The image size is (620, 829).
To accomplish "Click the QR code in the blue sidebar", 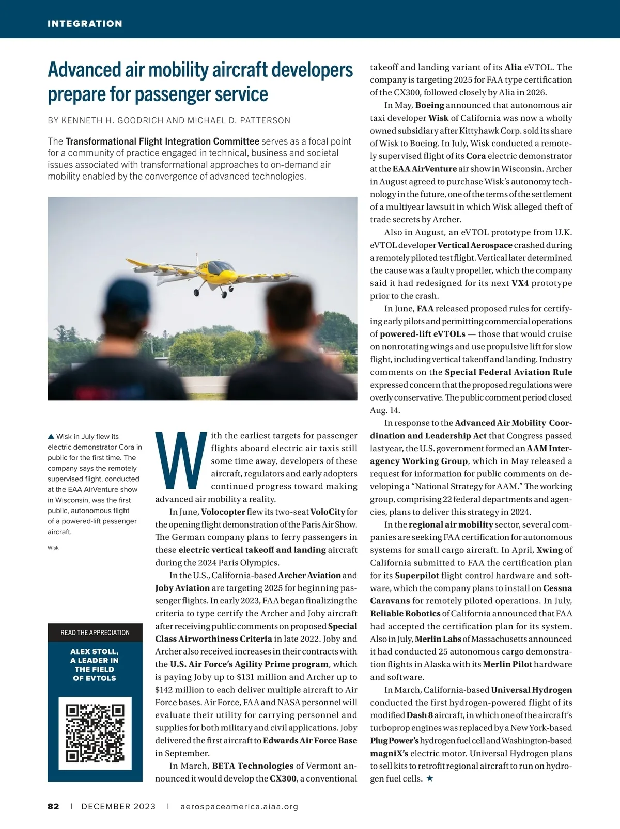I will pyautogui.click(x=95, y=733).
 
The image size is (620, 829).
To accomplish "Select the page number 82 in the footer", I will pyautogui.click(x=53, y=806).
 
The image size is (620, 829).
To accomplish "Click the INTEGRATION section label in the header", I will pyautogui.click(x=85, y=24).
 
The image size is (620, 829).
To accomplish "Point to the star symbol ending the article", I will pyautogui.click(x=429, y=778).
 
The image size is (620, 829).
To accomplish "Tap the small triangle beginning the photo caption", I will pyautogui.click(x=51, y=437).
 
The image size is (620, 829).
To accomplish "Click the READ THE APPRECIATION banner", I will pyautogui.click(x=95, y=632).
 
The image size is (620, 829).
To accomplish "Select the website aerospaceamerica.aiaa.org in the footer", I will pyautogui.click(x=239, y=806).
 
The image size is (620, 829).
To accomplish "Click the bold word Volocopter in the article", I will pyautogui.click(x=223, y=512).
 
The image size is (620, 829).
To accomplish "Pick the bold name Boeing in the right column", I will pyautogui.click(x=430, y=105).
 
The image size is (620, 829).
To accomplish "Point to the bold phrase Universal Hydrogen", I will pyautogui.click(x=531, y=690).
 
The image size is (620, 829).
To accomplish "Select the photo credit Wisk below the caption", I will pyautogui.click(x=53, y=548).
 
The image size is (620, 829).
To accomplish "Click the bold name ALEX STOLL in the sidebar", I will pyautogui.click(x=95, y=651).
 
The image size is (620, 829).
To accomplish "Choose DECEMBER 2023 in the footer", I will pyautogui.click(x=118, y=806).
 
